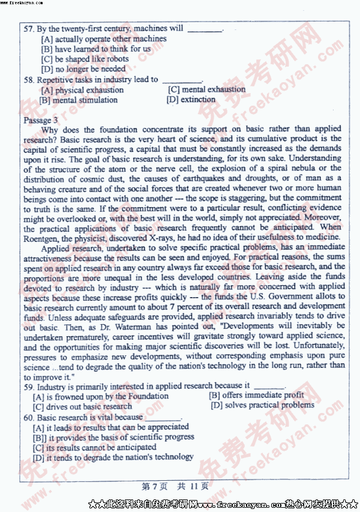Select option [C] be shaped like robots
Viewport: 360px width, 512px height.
tap(85, 59)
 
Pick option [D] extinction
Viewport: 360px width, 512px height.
tap(191, 100)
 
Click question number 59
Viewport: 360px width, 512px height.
tap(29, 386)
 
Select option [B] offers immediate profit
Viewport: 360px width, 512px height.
tap(256, 395)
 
